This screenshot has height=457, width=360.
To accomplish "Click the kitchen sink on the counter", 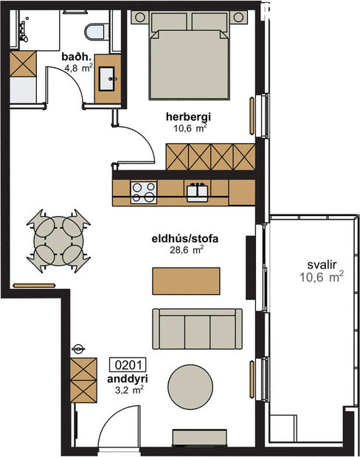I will tap(197, 192).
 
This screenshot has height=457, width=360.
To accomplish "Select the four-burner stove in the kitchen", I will tap(143, 192).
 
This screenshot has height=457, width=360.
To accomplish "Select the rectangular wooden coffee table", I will tap(186, 280).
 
